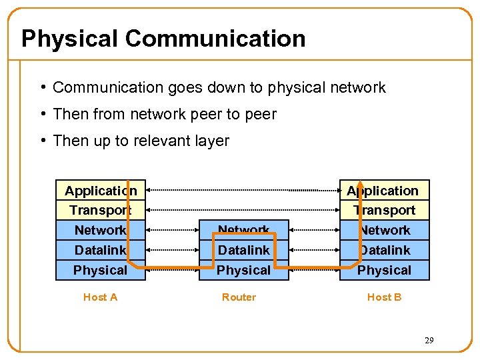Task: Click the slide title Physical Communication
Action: (163, 39)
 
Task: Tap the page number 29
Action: (429, 341)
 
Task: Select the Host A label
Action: (100, 297)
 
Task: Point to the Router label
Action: (239, 297)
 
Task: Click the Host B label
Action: (384, 297)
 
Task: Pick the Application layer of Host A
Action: (101, 191)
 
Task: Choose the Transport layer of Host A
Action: (101, 210)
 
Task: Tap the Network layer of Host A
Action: (101, 230)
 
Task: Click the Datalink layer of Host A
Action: (101, 250)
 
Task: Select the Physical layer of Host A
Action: (101, 270)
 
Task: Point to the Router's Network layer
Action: (244, 230)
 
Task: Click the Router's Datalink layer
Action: (244, 250)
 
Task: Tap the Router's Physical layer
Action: (244, 270)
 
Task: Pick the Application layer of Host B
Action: (384, 191)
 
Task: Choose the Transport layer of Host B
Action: (385, 210)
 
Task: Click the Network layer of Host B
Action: (385, 230)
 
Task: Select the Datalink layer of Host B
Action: (385, 250)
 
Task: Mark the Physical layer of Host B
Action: (385, 270)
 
